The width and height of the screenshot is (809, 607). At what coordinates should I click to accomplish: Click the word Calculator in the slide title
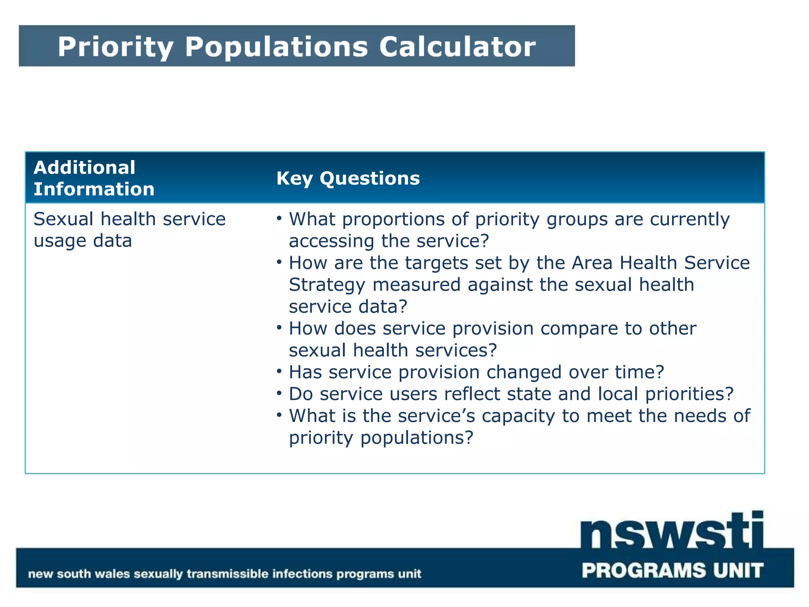pos(457,47)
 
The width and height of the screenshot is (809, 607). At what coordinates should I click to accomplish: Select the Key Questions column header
pos(348,178)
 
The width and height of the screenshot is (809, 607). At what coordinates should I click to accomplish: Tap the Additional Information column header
pos(94,178)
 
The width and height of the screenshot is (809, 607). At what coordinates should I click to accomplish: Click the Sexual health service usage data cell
pos(129,230)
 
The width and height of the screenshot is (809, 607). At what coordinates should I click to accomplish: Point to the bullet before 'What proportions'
pos(279,218)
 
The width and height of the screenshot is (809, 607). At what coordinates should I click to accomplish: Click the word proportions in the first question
pos(405,220)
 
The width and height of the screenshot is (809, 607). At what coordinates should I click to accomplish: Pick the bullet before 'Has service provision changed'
pos(279,371)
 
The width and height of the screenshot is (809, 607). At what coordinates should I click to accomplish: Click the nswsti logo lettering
pos(672,532)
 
